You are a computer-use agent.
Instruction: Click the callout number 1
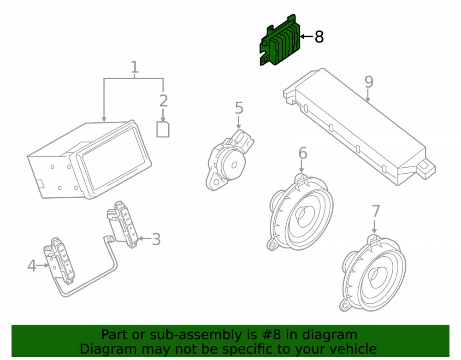[x=134, y=67]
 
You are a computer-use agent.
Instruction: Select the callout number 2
[x=164, y=101]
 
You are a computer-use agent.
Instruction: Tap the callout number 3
[x=156, y=239]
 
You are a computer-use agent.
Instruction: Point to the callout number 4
[x=32, y=266]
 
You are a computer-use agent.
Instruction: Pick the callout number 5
[x=239, y=108]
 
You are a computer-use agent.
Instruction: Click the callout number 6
[x=302, y=153]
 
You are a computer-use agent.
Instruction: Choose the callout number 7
[x=376, y=211]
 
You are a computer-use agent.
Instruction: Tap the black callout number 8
[x=319, y=37]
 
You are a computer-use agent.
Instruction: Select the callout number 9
[x=369, y=82]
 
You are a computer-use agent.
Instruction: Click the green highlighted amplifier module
[x=280, y=41]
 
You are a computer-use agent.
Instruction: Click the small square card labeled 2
[x=163, y=130]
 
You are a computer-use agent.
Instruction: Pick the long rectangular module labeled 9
[x=359, y=126]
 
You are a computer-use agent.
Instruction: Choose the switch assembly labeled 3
[x=123, y=224]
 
